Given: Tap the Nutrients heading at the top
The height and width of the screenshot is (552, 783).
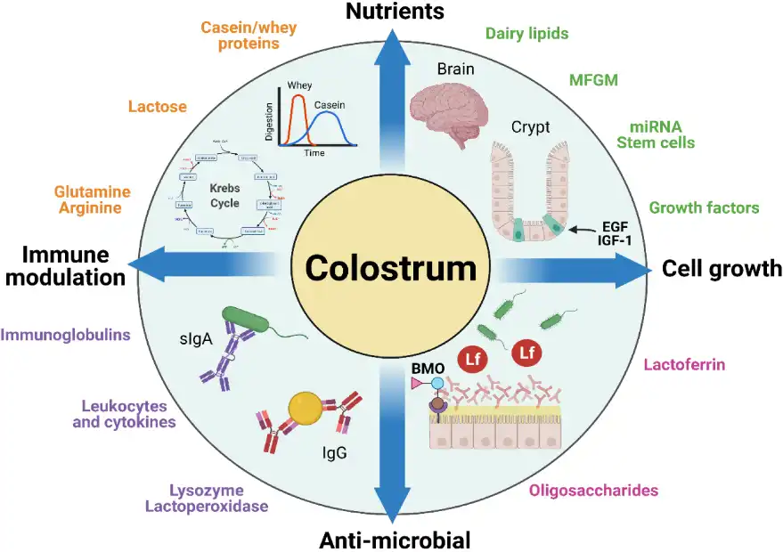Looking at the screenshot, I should [x=394, y=12].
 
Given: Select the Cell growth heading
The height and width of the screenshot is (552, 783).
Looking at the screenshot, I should [x=721, y=268].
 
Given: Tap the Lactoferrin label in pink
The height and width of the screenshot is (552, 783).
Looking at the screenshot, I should [x=684, y=364].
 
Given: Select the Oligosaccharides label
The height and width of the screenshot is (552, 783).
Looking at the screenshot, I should [x=606, y=490].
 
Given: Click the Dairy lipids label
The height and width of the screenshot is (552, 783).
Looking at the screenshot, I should [x=526, y=34].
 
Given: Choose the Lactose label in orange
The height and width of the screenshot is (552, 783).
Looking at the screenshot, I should [x=157, y=106].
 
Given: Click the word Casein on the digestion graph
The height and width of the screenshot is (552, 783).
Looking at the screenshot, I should [x=328, y=104].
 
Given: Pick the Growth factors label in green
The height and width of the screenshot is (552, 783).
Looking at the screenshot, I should [x=704, y=207].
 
